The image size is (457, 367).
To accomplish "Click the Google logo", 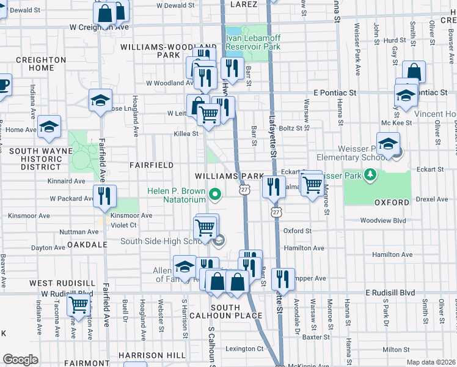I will [x=20, y=360].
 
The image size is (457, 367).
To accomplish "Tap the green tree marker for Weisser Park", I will [x=370, y=176].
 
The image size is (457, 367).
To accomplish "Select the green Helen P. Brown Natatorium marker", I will [x=214, y=195].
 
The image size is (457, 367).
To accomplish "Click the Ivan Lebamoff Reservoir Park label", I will [x=253, y=42].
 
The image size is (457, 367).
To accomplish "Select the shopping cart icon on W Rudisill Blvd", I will [x=78, y=304].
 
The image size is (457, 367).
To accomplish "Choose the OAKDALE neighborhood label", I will [x=88, y=244].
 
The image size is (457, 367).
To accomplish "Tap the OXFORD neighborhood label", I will [x=391, y=202].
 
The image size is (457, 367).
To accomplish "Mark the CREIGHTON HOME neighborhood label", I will [x=41, y=64].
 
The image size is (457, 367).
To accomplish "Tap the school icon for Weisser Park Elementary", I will [x=387, y=145].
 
